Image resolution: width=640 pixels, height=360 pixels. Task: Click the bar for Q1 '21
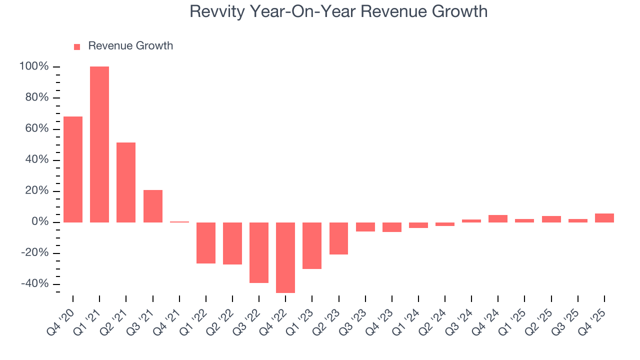tap(99, 144)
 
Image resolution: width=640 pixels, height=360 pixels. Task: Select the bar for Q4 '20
tap(73, 169)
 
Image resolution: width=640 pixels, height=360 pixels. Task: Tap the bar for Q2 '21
tap(126, 182)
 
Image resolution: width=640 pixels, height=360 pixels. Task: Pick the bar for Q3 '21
tap(153, 206)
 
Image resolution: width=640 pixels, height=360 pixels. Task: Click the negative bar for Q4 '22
tap(285, 257)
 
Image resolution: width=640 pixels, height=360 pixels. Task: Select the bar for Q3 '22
tap(259, 252)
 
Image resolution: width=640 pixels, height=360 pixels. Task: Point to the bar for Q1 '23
tap(312, 245)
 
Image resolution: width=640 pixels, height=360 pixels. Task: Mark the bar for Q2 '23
tap(338, 238)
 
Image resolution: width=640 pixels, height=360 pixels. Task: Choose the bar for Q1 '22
tap(206, 242)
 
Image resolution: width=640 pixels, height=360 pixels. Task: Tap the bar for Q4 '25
tap(604, 217)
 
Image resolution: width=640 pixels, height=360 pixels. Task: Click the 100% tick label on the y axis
tap(34, 66)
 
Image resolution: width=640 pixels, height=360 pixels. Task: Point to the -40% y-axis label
tap(34, 284)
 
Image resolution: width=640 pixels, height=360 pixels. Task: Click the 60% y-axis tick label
tap(37, 129)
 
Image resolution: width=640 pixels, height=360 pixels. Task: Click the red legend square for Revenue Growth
tap(77, 47)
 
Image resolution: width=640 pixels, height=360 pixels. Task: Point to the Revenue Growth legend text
tap(130, 46)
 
